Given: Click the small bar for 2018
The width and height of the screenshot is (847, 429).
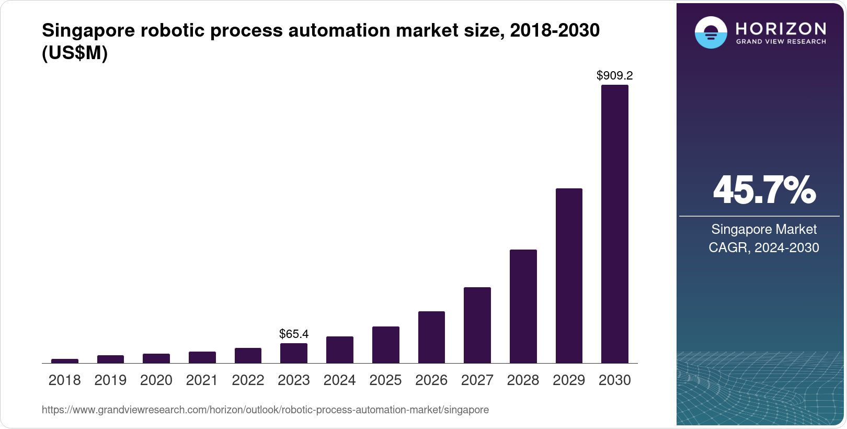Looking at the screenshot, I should [65, 361].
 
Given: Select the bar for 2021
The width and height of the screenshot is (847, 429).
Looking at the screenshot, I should [202, 357].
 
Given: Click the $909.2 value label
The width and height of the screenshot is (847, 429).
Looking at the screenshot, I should [614, 76].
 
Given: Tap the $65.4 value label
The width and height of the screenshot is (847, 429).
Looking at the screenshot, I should [294, 334].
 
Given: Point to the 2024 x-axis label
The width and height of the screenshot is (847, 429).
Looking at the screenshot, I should [339, 380].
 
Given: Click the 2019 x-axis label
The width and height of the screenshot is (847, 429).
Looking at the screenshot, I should [110, 380].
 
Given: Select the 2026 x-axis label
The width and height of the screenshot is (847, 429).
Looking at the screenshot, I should [431, 380].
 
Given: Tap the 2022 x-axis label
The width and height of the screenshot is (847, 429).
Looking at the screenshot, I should [248, 380].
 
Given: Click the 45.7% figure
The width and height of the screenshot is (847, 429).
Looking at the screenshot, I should [764, 190].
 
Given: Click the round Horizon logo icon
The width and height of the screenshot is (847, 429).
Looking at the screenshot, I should [711, 32].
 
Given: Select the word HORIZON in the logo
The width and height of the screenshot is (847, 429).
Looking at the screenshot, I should [781, 28].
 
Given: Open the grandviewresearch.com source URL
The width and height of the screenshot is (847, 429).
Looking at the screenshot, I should [265, 410].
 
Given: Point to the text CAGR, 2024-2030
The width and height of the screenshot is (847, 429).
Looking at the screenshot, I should [763, 247].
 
